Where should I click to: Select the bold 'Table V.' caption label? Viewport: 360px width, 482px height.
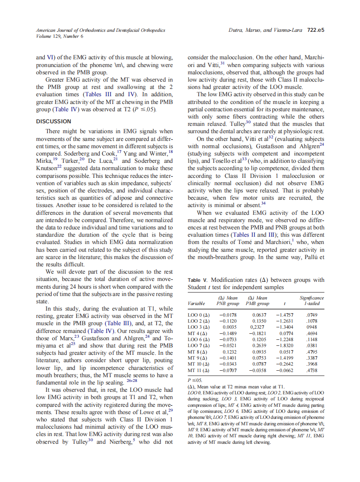[198, 280]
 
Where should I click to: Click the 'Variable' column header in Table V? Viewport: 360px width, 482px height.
[196, 303]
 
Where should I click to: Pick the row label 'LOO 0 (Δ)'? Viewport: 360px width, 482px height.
[198, 314]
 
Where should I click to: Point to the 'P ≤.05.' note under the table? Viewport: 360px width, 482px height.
[196, 380]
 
